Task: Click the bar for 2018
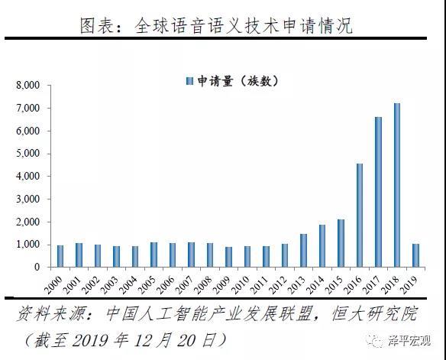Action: [x=397, y=185]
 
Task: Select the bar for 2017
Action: [x=378, y=192]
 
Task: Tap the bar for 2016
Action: [x=360, y=215]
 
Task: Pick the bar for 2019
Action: [x=416, y=255]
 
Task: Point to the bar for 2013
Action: [x=303, y=251]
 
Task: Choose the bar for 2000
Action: [x=60, y=256]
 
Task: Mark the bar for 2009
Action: [x=228, y=257]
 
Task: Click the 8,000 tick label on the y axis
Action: [x=27, y=85]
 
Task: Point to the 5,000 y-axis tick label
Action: [x=27, y=154]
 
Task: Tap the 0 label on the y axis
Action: [x=37, y=267]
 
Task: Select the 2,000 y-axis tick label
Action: [x=27, y=222]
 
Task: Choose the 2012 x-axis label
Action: [x=278, y=285]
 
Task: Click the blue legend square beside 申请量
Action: [x=189, y=81]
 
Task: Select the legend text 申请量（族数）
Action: [x=238, y=81]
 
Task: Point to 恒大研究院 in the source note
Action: [x=374, y=313]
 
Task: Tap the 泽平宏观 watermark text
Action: [x=409, y=340]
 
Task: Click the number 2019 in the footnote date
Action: [x=90, y=340]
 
